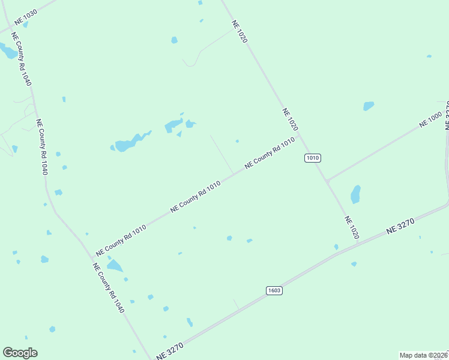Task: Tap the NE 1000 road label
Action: click(x=431, y=119)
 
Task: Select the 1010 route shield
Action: click(x=313, y=158)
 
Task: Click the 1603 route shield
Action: click(x=274, y=290)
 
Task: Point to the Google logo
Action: click(x=20, y=353)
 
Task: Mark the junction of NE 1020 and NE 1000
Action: click(x=327, y=179)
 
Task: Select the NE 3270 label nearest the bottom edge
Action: click(x=170, y=351)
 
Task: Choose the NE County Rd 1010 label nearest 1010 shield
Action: click(x=270, y=154)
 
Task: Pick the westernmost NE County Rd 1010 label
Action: click(x=121, y=238)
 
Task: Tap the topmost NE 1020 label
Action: click(x=240, y=31)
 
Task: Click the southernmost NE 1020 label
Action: click(x=352, y=227)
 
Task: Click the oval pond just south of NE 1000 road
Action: click(x=355, y=194)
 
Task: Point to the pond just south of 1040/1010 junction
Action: click(x=114, y=266)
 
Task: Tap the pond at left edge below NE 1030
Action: click(x=8, y=52)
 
